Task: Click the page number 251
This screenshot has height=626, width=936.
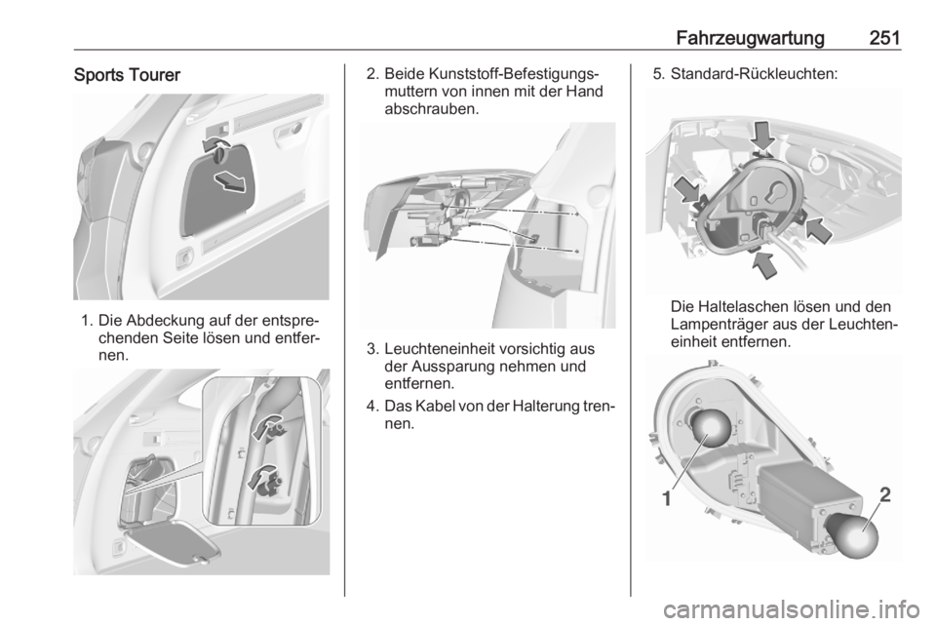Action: click(884, 38)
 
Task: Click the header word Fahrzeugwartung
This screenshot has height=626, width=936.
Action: click(751, 38)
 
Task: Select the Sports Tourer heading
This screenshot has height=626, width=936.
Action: click(127, 75)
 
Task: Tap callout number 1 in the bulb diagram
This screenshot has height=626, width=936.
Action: click(667, 497)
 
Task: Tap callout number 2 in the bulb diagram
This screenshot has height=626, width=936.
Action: click(885, 494)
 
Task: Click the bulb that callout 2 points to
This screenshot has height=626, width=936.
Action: click(854, 535)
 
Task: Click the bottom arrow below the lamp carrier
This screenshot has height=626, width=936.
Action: click(763, 265)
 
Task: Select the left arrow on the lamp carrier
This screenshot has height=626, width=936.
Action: click(686, 190)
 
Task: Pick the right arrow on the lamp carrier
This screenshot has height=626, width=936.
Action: click(818, 230)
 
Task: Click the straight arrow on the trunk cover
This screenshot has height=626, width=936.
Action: click(230, 181)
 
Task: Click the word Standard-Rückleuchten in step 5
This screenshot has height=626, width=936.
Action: click(754, 74)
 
